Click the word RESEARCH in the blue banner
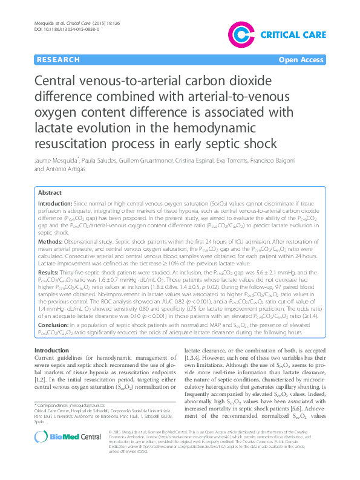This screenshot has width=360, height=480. point(58,60)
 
